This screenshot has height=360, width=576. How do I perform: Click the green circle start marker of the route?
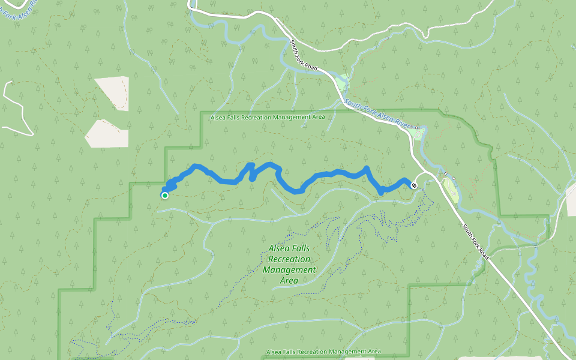click(x=164, y=195)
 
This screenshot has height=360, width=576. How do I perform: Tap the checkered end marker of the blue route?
click(x=414, y=185)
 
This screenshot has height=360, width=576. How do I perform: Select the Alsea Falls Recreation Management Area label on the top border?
click(x=268, y=118)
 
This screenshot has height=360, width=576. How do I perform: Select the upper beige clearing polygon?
click(x=113, y=93)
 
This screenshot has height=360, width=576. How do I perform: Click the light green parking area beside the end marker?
click(x=451, y=191)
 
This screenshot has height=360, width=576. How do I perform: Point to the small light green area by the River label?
click(x=419, y=133)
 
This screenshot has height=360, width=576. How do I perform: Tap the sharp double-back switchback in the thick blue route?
click(x=251, y=171)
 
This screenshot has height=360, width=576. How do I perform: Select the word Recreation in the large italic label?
click(x=290, y=259)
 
